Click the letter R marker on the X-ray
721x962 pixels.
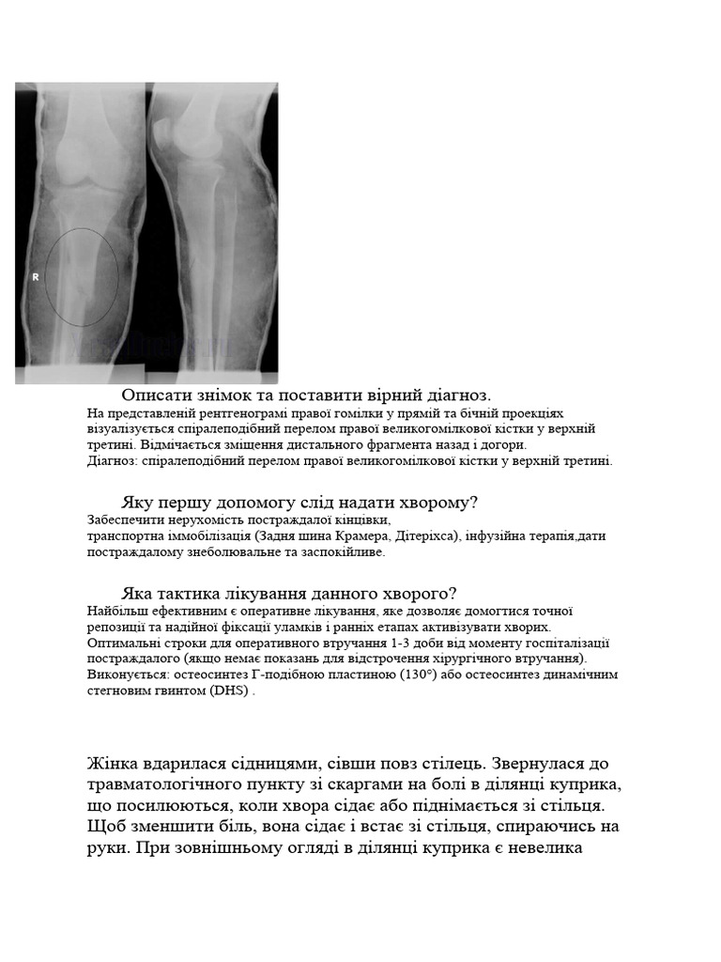click(36, 277)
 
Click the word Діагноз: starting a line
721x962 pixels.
click(113, 460)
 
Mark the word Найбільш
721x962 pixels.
click(115, 611)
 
